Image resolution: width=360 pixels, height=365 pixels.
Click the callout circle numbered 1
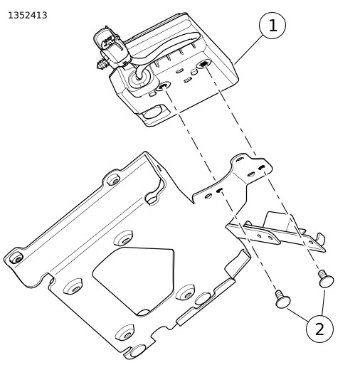[272, 26]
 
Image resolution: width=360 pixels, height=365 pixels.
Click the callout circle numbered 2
[319, 329]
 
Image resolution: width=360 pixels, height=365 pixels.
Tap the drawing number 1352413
[28, 16]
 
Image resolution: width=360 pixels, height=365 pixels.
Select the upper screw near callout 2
[326, 279]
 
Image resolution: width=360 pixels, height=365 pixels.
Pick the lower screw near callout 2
[282, 300]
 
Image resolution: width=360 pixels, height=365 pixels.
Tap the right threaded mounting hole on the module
[203, 63]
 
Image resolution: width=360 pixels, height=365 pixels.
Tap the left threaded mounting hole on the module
[163, 86]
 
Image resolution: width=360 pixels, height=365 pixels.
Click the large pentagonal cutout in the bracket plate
[133, 281]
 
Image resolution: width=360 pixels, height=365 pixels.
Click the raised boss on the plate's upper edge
[114, 181]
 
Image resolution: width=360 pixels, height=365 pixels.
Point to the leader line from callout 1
[248, 49]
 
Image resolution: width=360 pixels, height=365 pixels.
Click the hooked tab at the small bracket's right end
[321, 238]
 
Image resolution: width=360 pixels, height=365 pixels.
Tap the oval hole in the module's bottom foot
[152, 113]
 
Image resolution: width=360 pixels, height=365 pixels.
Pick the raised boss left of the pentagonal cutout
[73, 286]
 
